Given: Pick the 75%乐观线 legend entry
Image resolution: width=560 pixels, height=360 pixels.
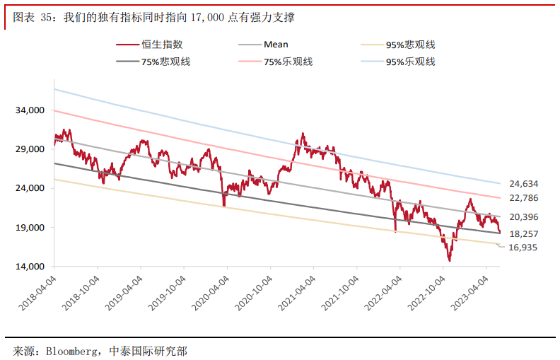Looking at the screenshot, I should click(x=288, y=62).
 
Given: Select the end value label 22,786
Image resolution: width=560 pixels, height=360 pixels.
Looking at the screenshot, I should click(x=524, y=198).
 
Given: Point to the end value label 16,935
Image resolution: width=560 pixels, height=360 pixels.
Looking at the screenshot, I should click(x=524, y=248).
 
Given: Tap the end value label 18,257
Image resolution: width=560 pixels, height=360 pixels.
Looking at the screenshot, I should click(x=524, y=233).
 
